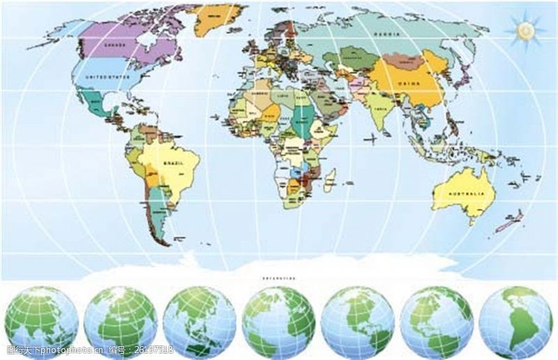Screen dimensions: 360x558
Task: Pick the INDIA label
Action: [380, 110]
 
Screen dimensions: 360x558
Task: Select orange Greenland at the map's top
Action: [216, 19]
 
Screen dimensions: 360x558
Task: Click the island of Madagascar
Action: [329, 179]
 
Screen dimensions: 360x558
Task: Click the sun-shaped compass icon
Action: [525, 30]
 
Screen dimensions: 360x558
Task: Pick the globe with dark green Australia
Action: [199, 322]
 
